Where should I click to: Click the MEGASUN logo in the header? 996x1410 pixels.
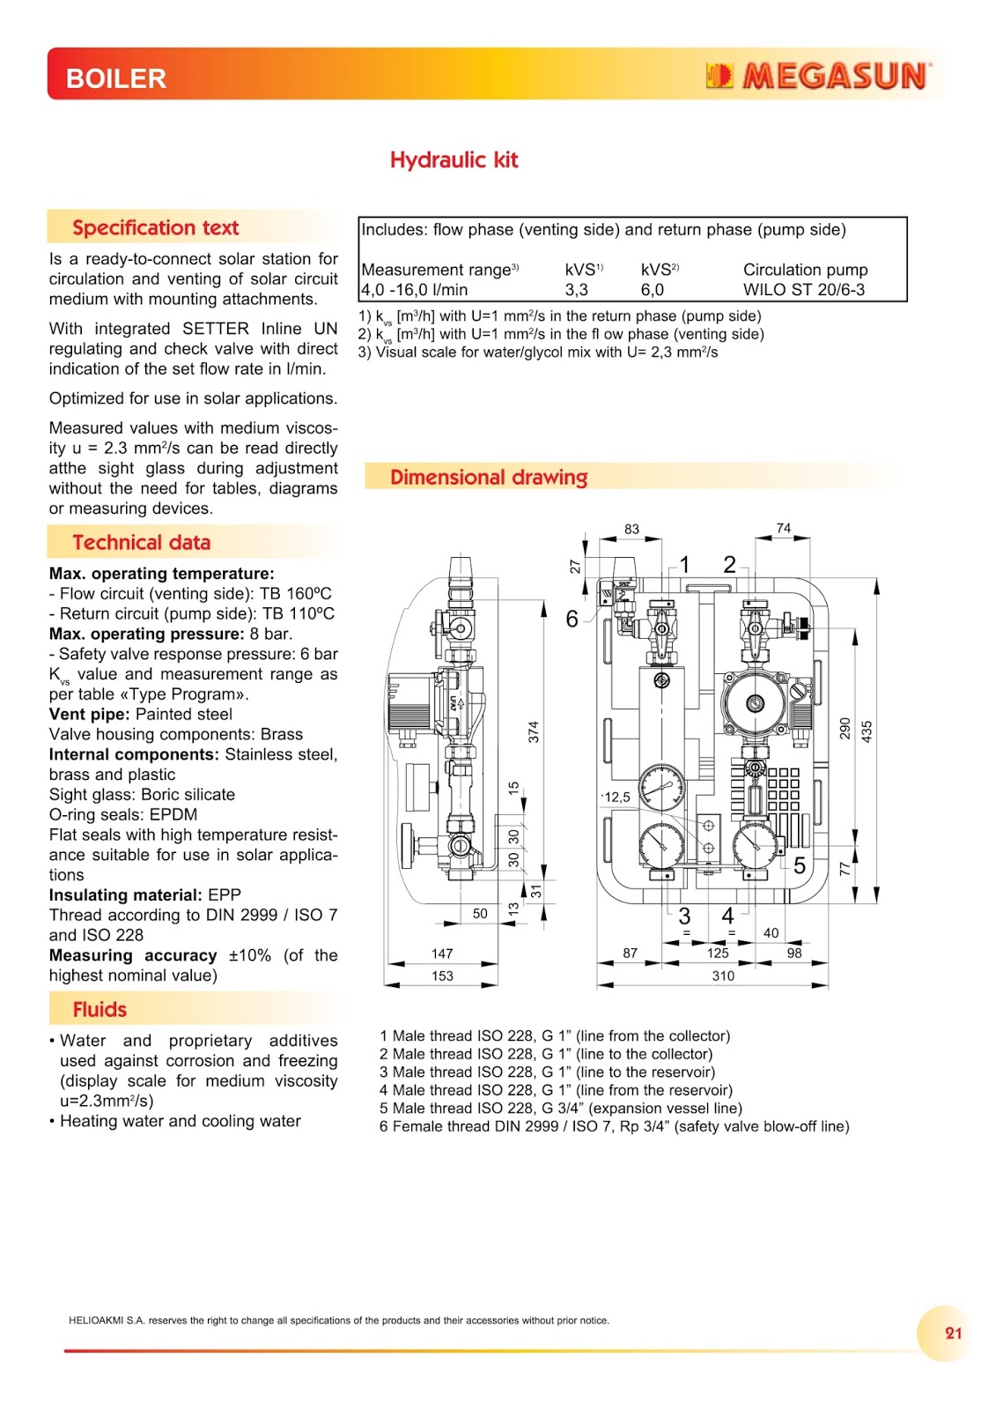[817, 77]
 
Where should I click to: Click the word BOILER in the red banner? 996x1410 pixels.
[116, 79]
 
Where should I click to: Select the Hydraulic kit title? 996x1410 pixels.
[454, 160]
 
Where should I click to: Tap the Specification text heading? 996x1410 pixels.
[156, 227]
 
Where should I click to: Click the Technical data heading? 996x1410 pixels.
[142, 542]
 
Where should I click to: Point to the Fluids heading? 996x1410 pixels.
[100, 1009]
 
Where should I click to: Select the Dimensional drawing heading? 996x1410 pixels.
[489, 477]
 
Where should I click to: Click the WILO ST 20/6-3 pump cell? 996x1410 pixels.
[803, 289]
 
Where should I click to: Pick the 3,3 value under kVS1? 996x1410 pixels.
[577, 289]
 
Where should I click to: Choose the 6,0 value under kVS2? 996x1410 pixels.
[653, 289]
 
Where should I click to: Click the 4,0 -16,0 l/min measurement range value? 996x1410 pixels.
[415, 289]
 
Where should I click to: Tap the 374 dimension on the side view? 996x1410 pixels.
[534, 731]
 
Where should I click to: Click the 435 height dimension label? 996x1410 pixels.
[867, 731]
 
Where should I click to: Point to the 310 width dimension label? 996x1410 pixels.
[723, 976]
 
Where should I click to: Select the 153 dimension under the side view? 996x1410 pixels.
[442, 976]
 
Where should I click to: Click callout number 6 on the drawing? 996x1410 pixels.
[572, 619]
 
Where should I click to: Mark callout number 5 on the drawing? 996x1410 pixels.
[800, 865]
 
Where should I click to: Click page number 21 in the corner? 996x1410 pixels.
[954, 1332]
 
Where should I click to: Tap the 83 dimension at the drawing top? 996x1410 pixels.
[631, 529]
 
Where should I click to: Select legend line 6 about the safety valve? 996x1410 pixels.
[614, 1126]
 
